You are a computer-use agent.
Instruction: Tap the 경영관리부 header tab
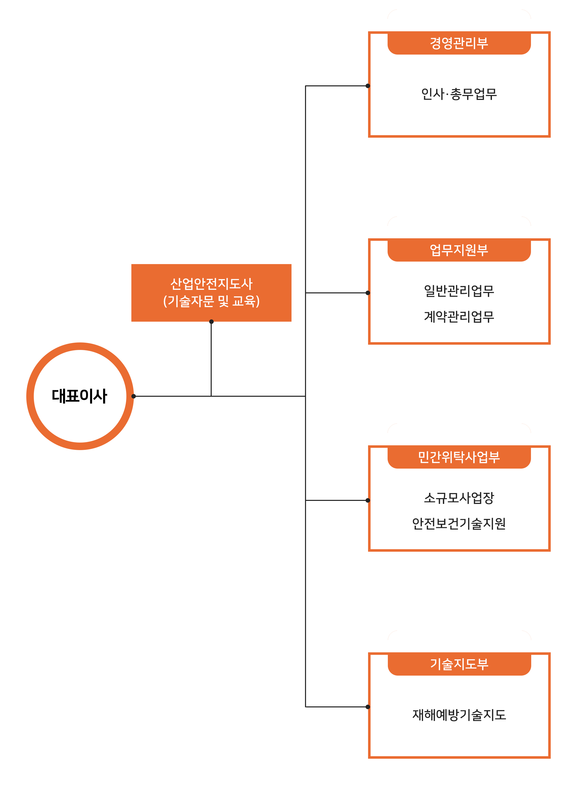(x=459, y=43)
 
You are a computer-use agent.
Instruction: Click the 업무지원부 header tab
(x=459, y=250)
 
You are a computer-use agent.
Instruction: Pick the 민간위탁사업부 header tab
(x=459, y=457)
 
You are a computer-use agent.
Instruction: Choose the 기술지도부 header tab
(x=459, y=664)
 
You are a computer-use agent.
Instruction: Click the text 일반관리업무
(x=459, y=291)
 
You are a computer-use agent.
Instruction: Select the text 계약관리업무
(x=459, y=317)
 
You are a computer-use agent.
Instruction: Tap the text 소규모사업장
(x=459, y=498)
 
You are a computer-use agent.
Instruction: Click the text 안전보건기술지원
(x=459, y=523)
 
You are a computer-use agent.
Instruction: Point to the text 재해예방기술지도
(x=459, y=715)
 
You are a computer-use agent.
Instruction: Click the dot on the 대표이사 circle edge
(x=133, y=396)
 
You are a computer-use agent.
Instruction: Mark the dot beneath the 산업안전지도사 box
(x=211, y=321)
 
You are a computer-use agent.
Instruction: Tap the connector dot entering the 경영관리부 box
(x=368, y=86)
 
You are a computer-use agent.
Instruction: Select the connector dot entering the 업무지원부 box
(x=368, y=293)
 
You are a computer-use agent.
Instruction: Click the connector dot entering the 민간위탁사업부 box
(x=368, y=500)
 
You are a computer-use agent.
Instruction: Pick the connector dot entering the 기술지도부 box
(x=368, y=707)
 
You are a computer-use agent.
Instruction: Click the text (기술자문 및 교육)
(x=211, y=301)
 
